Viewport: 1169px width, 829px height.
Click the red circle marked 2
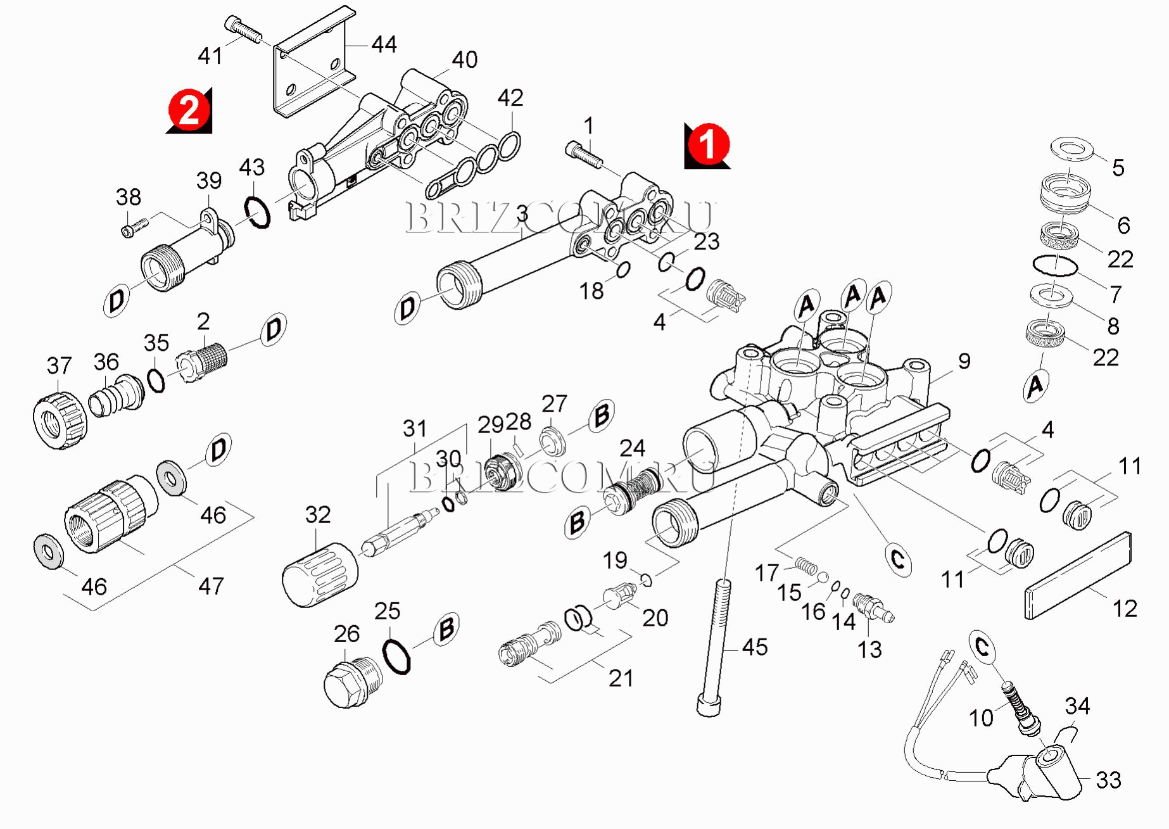pyautogui.click(x=189, y=110)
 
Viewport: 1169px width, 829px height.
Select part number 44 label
pyautogui.click(x=384, y=44)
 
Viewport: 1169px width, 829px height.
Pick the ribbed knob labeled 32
pyautogui.click(x=320, y=574)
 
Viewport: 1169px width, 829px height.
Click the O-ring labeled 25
pyautogui.click(x=397, y=657)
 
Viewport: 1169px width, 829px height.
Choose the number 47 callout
pyautogui.click(x=211, y=586)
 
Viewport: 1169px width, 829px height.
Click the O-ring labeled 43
pyautogui.click(x=257, y=212)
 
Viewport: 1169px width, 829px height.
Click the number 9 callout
pyautogui.click(x=964, y=361)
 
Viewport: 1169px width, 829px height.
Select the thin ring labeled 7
pyautogui.click(x=1054, y=265)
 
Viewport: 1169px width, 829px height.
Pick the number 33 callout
pyautogui.click(x=1108, y=780)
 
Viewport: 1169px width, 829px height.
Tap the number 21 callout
pyautogui.click(x=621, y=678)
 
